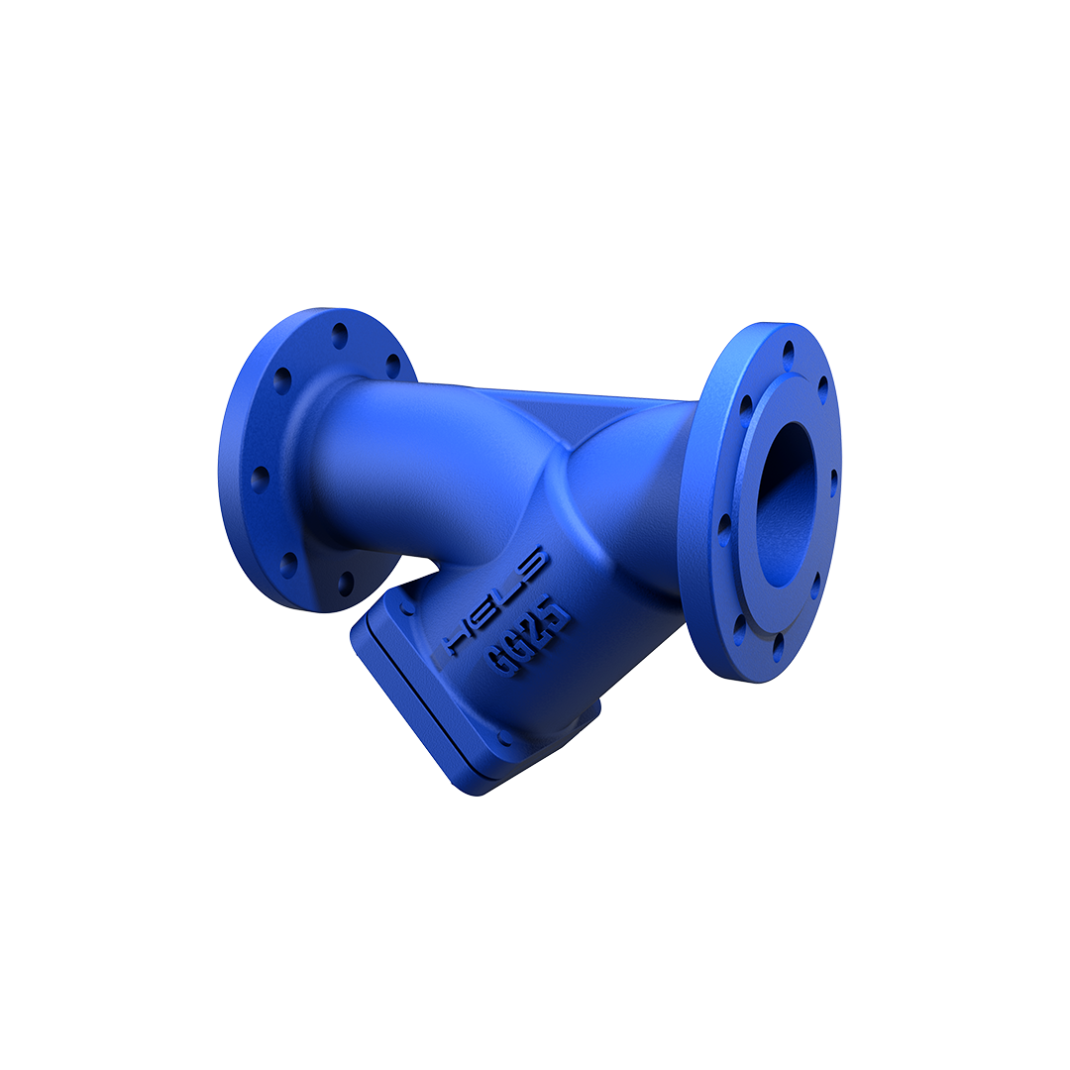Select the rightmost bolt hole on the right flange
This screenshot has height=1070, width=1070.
[833, 482]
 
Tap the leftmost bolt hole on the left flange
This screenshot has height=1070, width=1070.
[260, 479]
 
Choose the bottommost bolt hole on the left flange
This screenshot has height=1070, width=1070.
[346, 583]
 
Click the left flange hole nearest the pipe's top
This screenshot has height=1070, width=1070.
[393, 366]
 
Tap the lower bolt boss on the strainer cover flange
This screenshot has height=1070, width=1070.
[505, 737]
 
